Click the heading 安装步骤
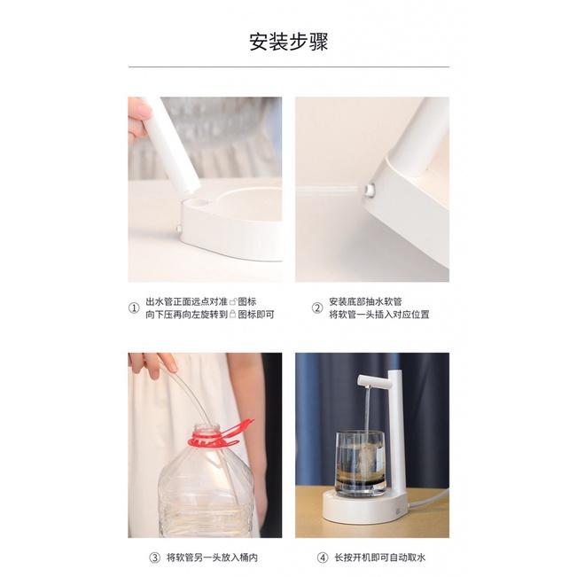[289, 42]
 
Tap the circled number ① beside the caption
[134, 308]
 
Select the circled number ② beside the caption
[317, 308]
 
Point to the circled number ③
[154, 558]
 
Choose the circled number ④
[323, 558]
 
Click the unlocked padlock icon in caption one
[233, 302]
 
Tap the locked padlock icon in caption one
[232, 315]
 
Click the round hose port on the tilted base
[369, 190]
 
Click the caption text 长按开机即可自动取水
[379, 558]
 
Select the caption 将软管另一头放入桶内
[212, 558]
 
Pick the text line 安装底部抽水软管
[365, 301]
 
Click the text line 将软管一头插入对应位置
[379, 315]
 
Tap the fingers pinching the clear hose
[154, 363]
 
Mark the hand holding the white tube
[138, 117]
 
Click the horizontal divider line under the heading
[289, 67]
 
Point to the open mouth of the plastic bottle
[207, 427]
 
